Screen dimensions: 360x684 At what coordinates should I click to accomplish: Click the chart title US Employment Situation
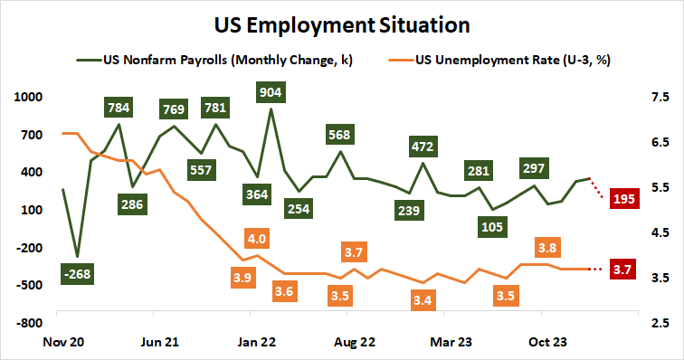click(x=342, y=22)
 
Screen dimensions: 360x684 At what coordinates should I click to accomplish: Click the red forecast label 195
click(x=622, y=199)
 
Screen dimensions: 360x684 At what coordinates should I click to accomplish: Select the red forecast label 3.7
click(x=622, y=269)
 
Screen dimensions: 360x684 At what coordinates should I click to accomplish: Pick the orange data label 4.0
click(x=256, y=240)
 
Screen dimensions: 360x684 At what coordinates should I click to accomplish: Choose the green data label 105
click(x=492, y=224)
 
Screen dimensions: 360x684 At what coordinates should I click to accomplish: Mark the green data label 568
click(x=339, y=136)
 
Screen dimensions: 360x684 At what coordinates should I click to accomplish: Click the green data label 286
click(x=134, y=204)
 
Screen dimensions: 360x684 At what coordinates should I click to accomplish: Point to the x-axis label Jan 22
click(x=257, y=343)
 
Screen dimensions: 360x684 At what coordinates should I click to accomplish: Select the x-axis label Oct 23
click(x=548, y=343)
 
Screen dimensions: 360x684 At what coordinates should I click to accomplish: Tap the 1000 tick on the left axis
click(x=20, y=98)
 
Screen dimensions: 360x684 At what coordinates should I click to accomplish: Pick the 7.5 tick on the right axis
click(x=658, y=98)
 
